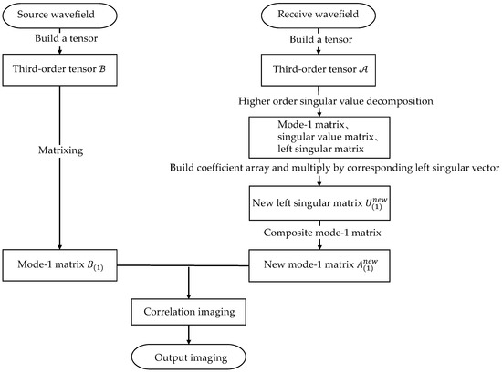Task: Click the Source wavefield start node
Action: pos(58,16)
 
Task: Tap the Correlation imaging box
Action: pos(188,312)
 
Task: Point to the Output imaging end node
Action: pos(188,354)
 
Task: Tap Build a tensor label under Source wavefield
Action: pos(59,38)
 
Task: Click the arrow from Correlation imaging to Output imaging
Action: pos(188,334)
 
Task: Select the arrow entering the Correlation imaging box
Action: pos(188,287)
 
